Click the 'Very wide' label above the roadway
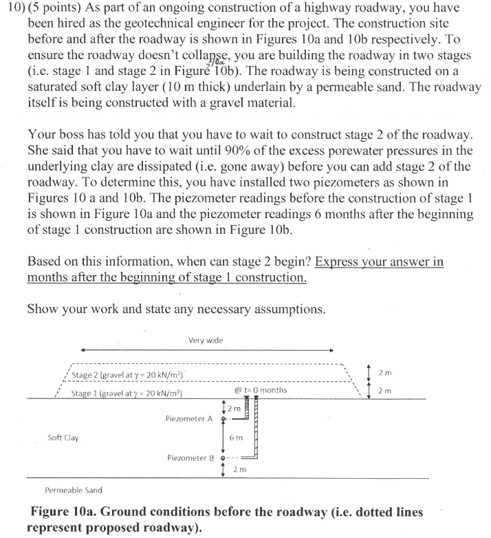click(205, 341)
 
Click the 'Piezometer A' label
click(190, 418)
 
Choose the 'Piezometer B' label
click(190, 458)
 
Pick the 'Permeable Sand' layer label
click(74, 491)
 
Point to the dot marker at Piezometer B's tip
click(222, 458)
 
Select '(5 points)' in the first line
click(58, 10)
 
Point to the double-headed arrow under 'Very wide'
click(206, 350)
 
